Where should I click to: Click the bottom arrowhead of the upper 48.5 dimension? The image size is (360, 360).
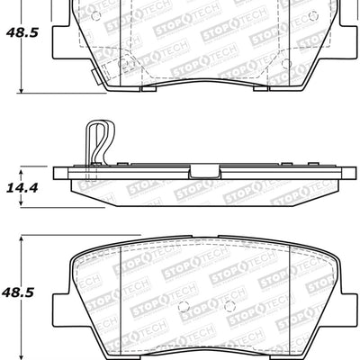coord(21,91)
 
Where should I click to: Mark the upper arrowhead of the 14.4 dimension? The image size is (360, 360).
coord(21,169)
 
